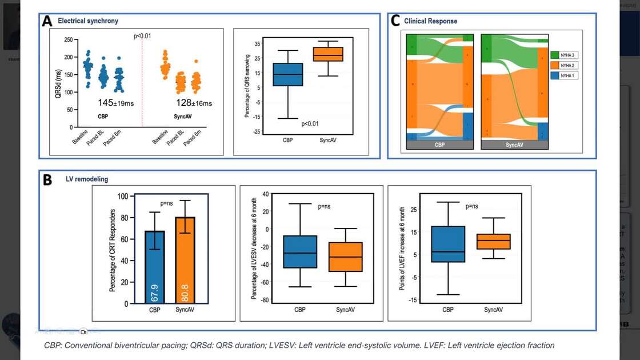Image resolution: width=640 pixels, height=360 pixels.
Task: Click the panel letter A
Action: click(47, 22)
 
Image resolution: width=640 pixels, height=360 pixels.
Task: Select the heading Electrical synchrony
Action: click(88, 21)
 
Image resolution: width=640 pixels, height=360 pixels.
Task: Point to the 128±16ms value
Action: click(193, 103)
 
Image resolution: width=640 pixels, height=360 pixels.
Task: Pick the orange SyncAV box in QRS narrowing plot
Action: click(327, 54)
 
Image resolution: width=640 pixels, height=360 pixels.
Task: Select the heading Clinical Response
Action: click(430, 21)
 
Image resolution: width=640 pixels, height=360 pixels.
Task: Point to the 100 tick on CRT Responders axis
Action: click(122, 196)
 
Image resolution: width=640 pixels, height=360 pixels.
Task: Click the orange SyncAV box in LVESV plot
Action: click(345, 257)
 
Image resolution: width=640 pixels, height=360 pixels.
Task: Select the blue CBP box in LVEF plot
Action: click(448, 244)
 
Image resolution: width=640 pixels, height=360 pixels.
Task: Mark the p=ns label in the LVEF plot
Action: click(471, 206)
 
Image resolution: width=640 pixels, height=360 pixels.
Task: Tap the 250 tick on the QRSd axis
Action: click(68, 40)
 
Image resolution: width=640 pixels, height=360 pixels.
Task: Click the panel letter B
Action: click(47, 180)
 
